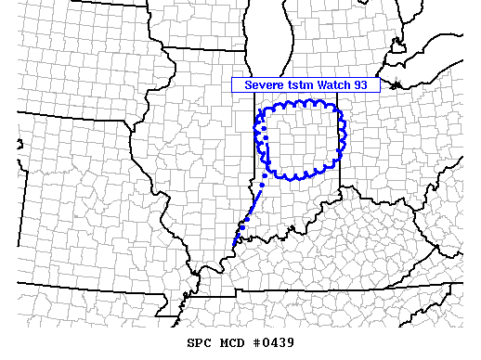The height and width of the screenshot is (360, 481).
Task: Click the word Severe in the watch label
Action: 263,84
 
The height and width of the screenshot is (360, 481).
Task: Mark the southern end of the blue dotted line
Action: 234,247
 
